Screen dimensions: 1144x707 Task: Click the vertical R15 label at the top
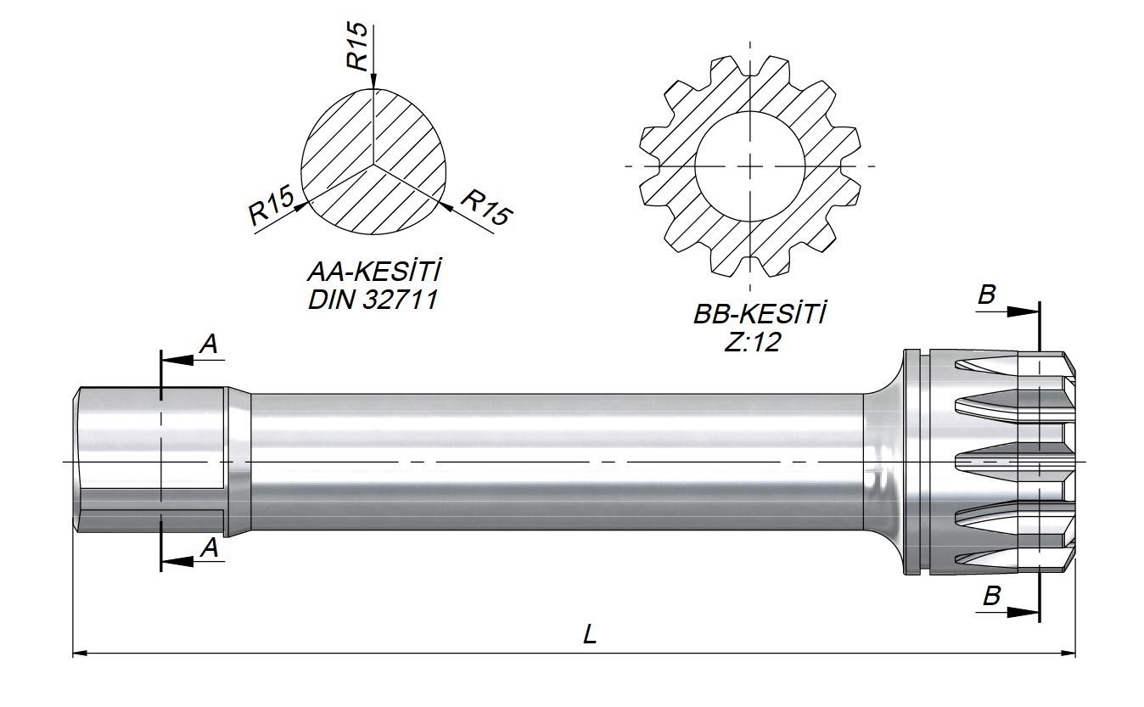pyautogui.click(x=357, y=47)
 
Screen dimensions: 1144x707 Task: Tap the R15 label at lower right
pyautogui.click(x=486, y=206)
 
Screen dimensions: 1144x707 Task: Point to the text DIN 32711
pyautogui.click(x=373, y=300)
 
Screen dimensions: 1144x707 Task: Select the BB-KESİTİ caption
pyautogui.click(x=760, y=313)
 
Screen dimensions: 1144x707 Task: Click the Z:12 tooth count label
pyautogui.click(x=753, y=342)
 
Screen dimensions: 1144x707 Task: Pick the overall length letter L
pyautogui.click(x=590, y=635)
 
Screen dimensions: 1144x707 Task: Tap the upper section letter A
pyautogui.click(x=209, y=345)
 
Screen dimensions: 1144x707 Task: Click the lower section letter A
pyautogui.click(x=210, y=548)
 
